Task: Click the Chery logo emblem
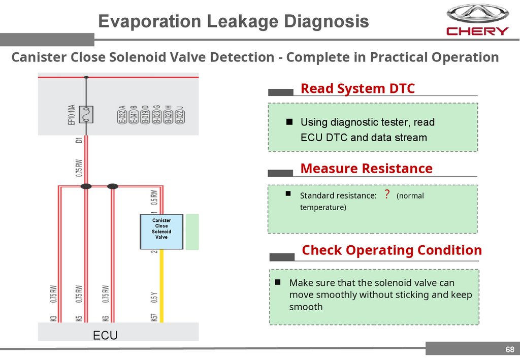point(477,13)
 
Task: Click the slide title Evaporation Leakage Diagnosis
point(233,21)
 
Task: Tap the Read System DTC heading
point(357,88)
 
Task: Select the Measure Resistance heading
point(366,168)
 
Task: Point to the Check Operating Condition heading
point(392,250)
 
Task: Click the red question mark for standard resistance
point(386,194)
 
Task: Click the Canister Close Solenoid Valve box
point(161,232)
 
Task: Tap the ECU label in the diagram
point(105,335)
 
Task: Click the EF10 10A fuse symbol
point(86,114)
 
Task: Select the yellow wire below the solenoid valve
point(162,284)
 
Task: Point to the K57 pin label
point(154,317)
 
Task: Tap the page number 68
point(509,349)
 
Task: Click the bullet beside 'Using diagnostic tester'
point(289,122)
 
